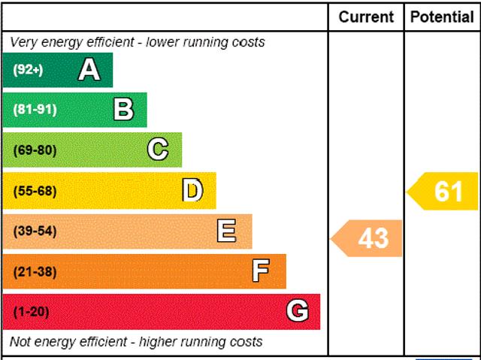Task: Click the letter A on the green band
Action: [89, 70]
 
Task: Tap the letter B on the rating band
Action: [123, 110]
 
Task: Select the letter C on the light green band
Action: [158, 150]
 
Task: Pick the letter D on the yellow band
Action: [193, 191]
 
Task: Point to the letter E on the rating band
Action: [226, 231]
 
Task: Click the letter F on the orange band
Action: [261, 271]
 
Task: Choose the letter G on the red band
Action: [297, 311]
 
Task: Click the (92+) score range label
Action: [29, 70]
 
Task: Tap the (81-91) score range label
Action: [35, 110]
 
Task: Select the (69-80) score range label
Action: [35, 150]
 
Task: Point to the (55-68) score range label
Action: [35, 191]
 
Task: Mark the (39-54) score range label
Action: [35, 231]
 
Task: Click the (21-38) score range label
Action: [35, 272]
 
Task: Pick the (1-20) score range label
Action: [31, 312]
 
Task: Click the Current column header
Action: [366, 17]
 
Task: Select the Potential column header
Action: [443, 17]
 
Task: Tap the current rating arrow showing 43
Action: [368, 238]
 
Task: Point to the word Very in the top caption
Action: [23, 42]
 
